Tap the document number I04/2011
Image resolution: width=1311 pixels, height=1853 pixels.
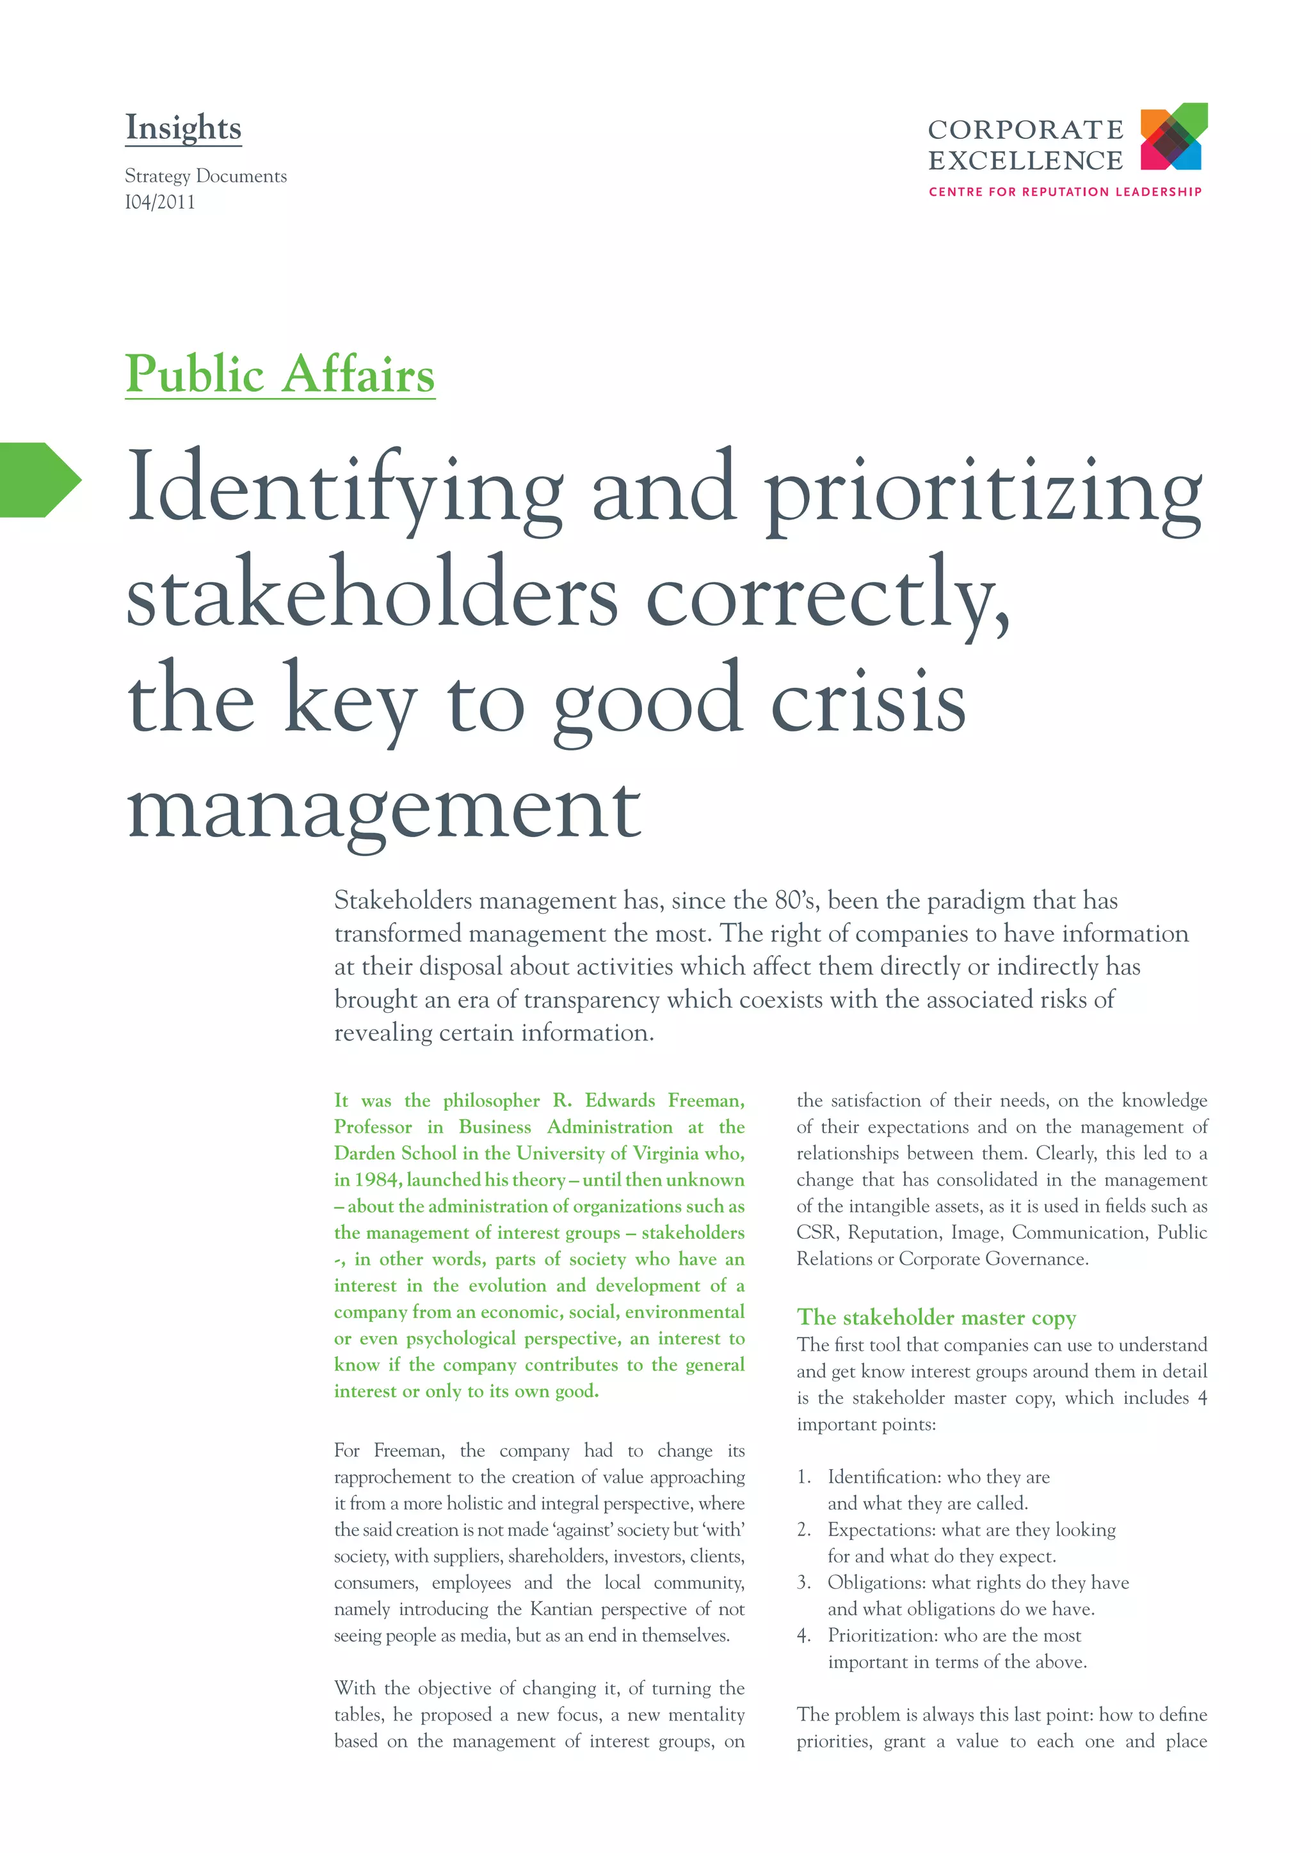point(160,203)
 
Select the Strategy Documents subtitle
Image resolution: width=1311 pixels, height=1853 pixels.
point(206,176)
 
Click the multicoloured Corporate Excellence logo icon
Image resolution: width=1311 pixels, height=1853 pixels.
point(1173,136)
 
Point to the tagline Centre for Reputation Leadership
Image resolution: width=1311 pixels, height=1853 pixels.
point(1065,192)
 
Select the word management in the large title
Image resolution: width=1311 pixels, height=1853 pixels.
point(384,809)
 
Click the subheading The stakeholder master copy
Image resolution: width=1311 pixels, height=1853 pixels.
point(937,1317)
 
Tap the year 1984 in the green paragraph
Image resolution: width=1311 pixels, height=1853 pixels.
point(376,1180)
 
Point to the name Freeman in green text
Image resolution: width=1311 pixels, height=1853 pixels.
point(705,1101)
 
